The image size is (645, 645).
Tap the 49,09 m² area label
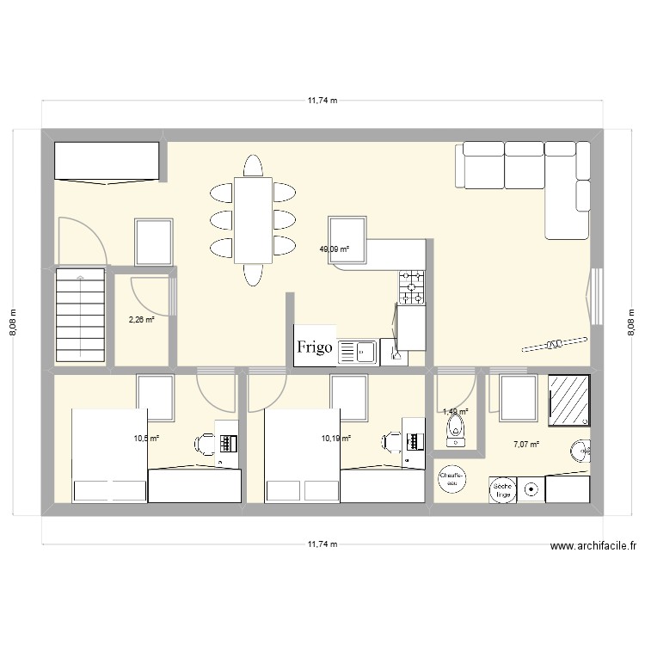(x=335, y=250)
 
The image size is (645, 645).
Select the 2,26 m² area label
(x=141, y=319)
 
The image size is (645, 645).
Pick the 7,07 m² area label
(x=526, y=445)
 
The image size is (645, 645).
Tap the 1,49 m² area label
(x=455, y=412)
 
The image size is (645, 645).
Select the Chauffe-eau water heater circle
(x=452, y=479)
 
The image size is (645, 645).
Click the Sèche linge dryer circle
(x=502, y=489)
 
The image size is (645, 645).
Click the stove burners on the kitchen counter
(x=412, y=286)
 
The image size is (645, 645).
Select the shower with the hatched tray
(x=569, y=400)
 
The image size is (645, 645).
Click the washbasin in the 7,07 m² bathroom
(x=582, y=451)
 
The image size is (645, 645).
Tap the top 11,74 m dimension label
(x=322, y=101)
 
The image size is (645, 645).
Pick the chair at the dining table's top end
(x=254, y=165)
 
